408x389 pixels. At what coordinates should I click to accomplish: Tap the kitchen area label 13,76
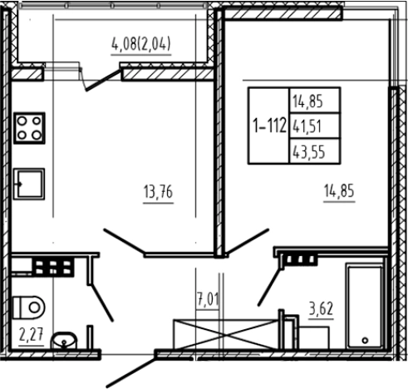click(158, 192)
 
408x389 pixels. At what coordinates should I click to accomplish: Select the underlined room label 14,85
click(339, 191)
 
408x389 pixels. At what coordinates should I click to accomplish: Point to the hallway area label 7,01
click(208, 299)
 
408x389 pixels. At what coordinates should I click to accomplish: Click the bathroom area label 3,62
click(321, 308)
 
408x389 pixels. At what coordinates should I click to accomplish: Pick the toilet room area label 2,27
click(32, 334)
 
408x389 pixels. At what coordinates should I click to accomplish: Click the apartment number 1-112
click(269, 126)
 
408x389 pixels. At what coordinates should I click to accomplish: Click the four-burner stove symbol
click(29, 128)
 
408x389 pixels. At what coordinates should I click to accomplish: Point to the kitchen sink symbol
click(29, 184)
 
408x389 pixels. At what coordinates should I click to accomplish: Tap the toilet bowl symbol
click(28, 308)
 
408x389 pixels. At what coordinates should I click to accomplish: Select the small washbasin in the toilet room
click(64, 341)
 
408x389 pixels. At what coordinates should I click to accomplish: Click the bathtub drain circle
click(365, 340)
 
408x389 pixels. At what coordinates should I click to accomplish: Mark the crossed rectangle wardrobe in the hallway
click(225, 334)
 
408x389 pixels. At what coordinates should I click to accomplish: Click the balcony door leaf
click(103, 81)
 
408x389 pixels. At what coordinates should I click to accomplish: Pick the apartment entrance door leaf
click(131, 372)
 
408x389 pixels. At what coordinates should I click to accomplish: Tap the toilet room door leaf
click(102, 303)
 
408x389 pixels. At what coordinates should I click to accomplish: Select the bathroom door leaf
click(269, 287)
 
